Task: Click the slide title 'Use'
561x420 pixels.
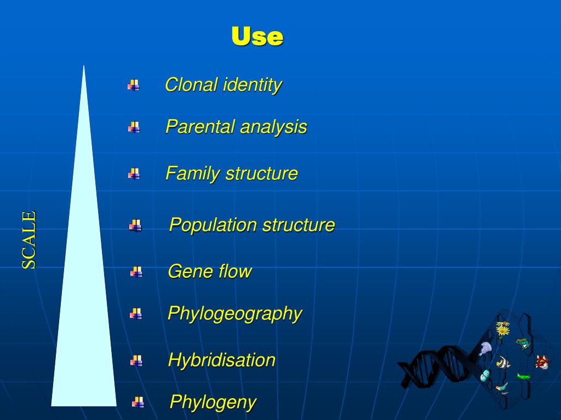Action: (x=257, y=37)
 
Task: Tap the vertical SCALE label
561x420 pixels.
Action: (x=29, y=240)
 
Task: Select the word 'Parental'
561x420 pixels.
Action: (x=201, y=127)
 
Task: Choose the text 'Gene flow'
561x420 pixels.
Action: (x=209, y=271)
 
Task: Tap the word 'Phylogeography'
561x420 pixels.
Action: (x=234, y=314)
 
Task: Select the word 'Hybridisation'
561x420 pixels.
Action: (x=221, y=360)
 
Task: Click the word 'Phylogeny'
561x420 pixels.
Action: (x=213, y=402)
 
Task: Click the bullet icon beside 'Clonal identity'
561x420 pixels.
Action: (x=133, y=85)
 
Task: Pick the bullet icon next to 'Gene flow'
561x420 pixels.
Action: (x=136, y=272)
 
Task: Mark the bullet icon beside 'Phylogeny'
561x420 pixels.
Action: (x=138, y=402)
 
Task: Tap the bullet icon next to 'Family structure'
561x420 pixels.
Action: (x=134, y=174)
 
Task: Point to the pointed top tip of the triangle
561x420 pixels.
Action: (x=84, y=67)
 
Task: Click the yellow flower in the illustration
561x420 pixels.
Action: (x=502, y=330)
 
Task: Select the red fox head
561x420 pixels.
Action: (x=541, y=361)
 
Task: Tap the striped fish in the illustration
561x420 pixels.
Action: (x=502, y=363)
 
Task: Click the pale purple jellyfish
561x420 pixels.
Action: (x=485, y=348)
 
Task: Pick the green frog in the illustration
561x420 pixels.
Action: (x=522, y=343)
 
